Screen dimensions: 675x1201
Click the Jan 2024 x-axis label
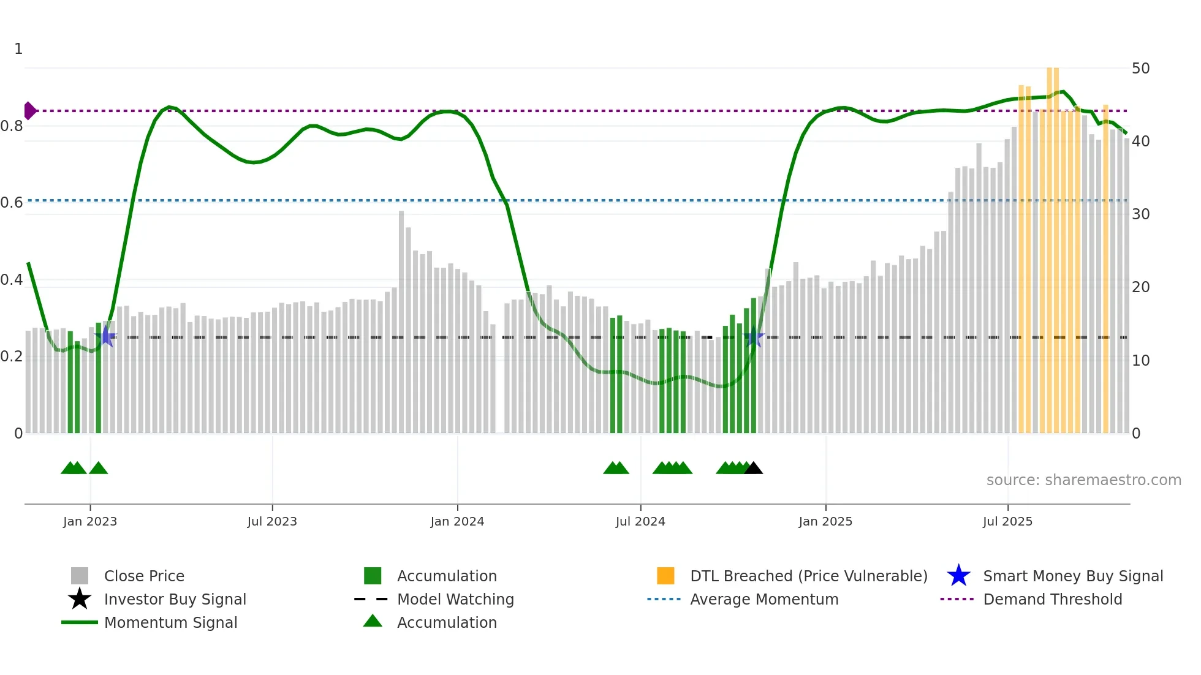click(457, 521)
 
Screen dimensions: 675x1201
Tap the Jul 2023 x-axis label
click(272, 521)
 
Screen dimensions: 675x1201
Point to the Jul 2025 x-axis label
click(1007, 521)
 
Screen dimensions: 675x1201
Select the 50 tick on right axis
click(1140, 68)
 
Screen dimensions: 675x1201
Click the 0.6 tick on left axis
click(12, 203)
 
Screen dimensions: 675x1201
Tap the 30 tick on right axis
click(1140, 214)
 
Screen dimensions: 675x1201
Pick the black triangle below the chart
click(754, 469)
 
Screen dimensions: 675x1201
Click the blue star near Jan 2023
click(107, 336)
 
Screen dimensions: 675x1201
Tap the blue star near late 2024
click(754, 337)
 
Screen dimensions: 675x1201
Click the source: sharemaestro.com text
click(1083, 480)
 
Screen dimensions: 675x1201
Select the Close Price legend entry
click(144, 576)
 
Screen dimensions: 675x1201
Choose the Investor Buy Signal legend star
click(80, 599)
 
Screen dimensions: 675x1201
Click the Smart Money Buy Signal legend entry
click(1072, 576)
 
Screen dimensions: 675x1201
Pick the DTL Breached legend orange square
click(665, 576)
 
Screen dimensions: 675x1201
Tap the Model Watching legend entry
click(455, 599)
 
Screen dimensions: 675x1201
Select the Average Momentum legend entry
click(763, 599)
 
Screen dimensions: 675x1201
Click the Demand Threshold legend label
click(1052, 599)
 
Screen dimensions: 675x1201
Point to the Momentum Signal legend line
click(80, 622)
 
